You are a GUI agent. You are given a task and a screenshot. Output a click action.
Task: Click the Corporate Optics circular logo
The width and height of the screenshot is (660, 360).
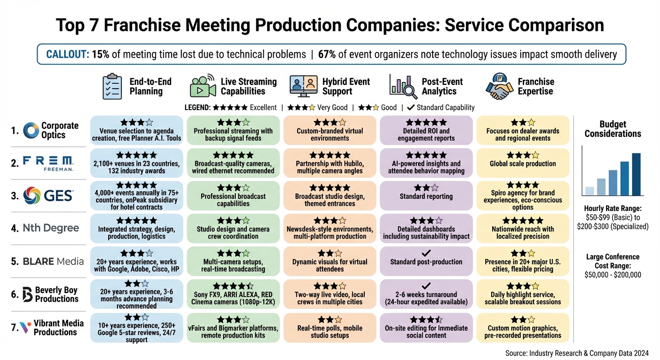(x=31, y=130)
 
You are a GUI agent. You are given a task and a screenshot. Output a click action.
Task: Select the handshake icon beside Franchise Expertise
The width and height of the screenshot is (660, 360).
(x=499, y=86)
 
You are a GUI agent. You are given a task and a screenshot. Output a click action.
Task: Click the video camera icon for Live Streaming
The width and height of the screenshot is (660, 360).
(x=202, y=86)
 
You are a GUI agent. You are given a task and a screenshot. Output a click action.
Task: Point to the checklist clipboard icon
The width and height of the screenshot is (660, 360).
(x=112, y=86)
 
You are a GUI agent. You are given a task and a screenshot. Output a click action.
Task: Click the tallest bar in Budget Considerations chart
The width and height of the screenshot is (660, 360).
(x=636, y=174)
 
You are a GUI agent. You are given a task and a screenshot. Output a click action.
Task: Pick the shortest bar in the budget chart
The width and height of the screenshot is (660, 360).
(x=590, y=191)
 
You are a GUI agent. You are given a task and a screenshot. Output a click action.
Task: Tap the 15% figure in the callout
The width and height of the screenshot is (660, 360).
(x=100, y=54)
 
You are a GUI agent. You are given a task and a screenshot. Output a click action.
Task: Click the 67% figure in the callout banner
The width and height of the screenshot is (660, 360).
(x=326, y=54)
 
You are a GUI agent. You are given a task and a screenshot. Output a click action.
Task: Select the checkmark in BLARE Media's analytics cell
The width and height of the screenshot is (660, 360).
(x=426, y=253)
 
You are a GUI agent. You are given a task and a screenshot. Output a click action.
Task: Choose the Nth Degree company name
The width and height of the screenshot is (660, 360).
(x=51, y=228)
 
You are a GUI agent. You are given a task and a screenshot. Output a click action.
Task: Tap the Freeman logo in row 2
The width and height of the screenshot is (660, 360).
(x=48, y=163)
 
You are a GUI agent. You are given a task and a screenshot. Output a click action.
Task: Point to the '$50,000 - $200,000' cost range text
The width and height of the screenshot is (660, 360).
(x=612, y=275)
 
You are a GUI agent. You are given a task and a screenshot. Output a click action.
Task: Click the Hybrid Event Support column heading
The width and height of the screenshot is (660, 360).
(x=346, y=86)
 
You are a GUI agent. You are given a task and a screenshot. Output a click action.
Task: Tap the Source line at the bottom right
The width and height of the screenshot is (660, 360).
(x=577, y=353)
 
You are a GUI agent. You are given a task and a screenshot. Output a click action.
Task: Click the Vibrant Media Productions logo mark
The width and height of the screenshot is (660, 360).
(x=26, y=327)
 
